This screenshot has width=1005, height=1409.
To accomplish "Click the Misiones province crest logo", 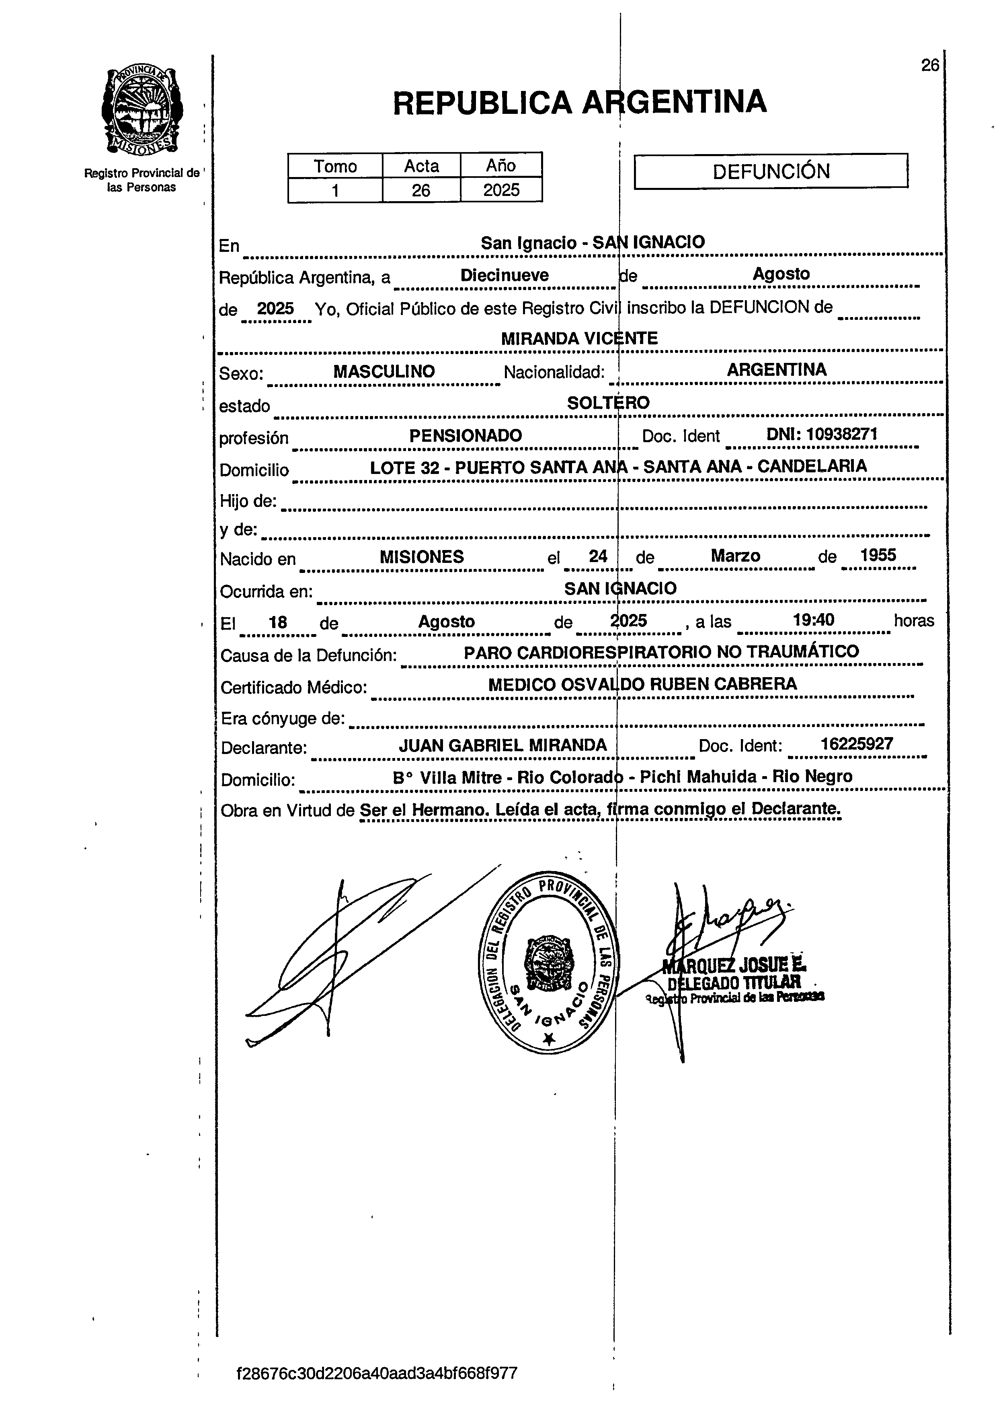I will [x=142, y=111].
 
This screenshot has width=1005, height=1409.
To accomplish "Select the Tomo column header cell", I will [x=335, y=166].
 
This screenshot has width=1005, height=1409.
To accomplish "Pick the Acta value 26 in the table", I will [x=421, y=190].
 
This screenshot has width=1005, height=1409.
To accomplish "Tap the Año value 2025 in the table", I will [x=501, y=190].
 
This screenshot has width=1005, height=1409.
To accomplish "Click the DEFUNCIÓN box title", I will [x=771, y=171].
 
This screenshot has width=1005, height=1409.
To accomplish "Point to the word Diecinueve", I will [x=505, y=276].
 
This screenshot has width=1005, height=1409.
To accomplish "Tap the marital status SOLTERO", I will [x=608, y=403].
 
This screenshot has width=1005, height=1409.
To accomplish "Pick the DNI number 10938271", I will [x=842, y=434].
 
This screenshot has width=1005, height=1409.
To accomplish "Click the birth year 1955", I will [x=878, y=556].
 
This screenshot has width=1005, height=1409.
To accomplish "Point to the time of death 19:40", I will [x=813, y=620].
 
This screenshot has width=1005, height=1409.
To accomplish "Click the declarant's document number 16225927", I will [x=857, y=744].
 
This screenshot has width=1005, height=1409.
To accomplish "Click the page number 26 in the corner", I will [x=929, y=66].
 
